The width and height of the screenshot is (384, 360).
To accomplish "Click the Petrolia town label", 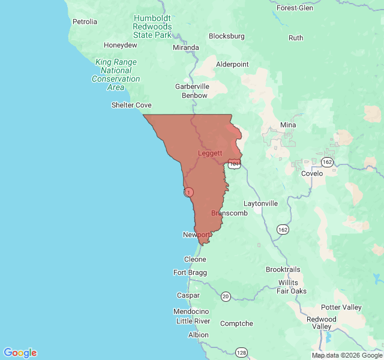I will coord(85,22).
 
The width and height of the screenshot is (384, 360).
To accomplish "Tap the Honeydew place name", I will coord(121,45).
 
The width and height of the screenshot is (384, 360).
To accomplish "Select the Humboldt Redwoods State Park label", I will coord(152,26).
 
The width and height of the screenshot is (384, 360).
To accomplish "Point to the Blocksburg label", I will coord(227,36).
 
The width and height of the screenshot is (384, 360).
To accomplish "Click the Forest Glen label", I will coord(295,8).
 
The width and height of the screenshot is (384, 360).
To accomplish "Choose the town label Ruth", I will coord(296,38).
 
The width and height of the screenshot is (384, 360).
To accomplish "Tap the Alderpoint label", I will coord(232,64).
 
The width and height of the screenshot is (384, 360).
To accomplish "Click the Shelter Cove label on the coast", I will coord(131,105).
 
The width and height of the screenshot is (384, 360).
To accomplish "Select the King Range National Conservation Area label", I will coord(116,74).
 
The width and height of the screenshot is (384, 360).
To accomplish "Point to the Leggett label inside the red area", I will coord(210,153).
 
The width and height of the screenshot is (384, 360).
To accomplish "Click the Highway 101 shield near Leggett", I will coord(234,163).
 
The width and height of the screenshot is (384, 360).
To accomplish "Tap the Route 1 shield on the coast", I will coord(189,192).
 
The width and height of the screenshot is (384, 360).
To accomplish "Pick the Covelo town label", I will coord(312,173).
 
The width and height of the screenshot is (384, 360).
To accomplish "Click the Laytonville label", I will coord(260,203).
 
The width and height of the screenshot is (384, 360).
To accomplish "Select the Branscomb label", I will coord(229,213).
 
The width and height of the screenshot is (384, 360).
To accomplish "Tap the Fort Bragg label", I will coord(190,272).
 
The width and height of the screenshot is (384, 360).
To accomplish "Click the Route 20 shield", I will coord(226,296).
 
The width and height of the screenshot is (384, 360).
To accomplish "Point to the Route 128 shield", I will coord(241,352).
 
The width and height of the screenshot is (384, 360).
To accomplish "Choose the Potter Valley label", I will coord(341,307).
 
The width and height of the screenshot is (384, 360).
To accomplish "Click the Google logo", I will coord(20,353).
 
